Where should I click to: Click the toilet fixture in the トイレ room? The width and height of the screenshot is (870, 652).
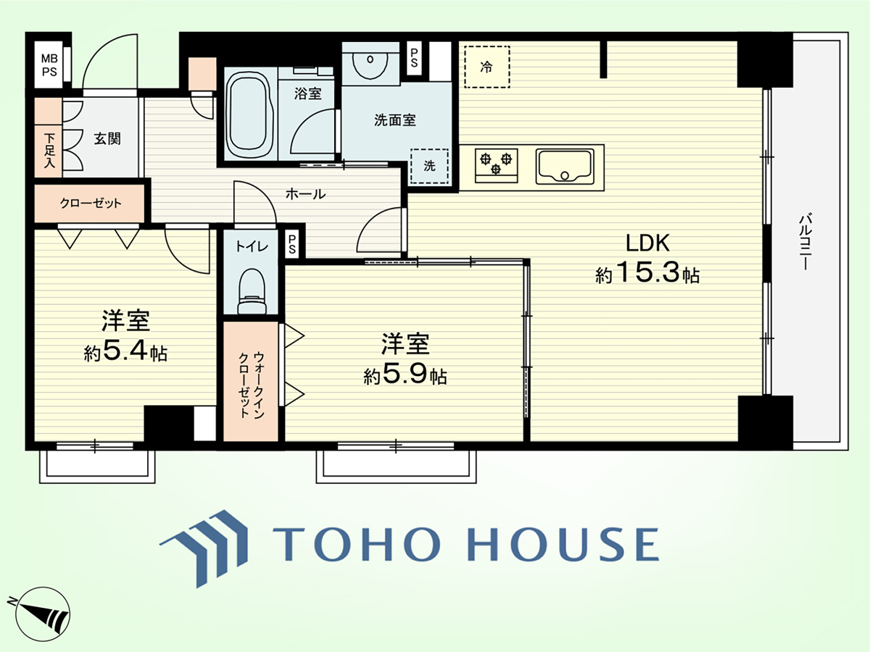(x=251, y=292)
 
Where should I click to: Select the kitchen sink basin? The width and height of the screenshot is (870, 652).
(x=565, y=167)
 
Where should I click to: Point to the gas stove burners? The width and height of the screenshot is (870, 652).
(x=496, y=165)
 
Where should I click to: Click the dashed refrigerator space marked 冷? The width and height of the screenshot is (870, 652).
(x=486, y=67)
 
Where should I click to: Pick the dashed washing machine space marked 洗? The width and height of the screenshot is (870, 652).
(x=429, y=167)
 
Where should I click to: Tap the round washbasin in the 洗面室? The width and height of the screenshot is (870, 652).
(x=370, y=63)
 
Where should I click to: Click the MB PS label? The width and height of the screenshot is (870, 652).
(x=49, y=65)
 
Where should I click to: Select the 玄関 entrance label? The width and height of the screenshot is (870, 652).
(x=107, y=139)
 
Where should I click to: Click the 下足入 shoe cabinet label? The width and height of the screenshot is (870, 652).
(x=49, y=151)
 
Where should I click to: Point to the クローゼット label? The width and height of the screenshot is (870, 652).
(x=91, y=204)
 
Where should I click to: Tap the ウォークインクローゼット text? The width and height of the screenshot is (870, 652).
(x=251, y=384)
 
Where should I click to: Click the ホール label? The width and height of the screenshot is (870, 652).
(x=306, y=194)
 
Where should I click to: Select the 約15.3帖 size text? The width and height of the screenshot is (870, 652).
(x=647, y=273)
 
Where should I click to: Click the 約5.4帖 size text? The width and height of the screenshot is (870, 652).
(x=125, y=351)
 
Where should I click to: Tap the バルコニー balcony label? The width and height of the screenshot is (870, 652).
(x=805, y=242)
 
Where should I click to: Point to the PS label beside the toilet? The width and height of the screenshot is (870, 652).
(x=292, y=244)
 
